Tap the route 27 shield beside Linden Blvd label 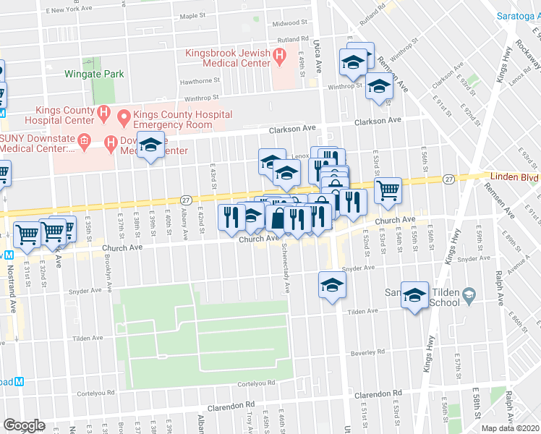[449, 178]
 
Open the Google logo [24, 425]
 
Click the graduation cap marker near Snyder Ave [332, 284]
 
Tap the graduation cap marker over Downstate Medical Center [150, 147]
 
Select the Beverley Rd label [370, 352]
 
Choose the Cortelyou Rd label [255, 383]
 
